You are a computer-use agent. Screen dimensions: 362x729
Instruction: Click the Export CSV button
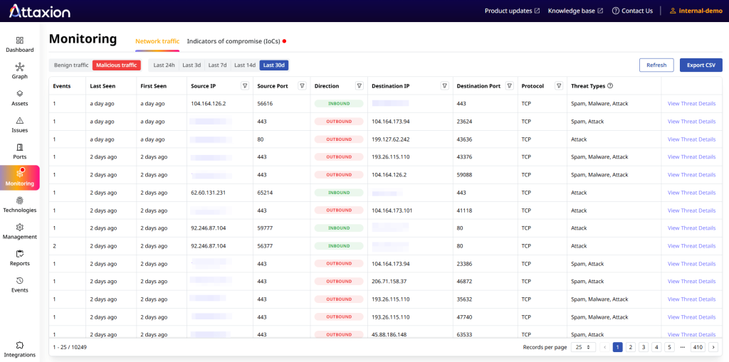coord(701,65)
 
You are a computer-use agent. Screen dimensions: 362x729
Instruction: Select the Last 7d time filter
coord(217,65)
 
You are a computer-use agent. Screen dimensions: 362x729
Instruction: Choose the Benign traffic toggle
coord(71,65)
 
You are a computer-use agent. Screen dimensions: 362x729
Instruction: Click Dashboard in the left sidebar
coord(20,44)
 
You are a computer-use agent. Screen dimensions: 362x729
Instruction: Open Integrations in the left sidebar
coord(20,348)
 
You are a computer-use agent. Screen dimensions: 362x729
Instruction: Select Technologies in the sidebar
coord(20,204)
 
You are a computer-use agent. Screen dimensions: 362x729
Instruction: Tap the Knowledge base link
coord(575,11)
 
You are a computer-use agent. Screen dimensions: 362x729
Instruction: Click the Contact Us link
coord(632,11)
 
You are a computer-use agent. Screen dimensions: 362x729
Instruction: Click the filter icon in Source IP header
coord(244,86)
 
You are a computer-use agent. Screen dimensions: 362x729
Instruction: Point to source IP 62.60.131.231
coord(209,193)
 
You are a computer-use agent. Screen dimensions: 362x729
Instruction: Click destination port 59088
coord(466,175)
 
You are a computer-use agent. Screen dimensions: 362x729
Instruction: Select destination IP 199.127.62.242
coord(391,139)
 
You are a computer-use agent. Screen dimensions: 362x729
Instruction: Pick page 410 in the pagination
coord(697,347)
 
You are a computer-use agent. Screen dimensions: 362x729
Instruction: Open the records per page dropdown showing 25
coord(583,347)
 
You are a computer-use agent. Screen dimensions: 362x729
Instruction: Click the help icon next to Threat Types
coord(610,86)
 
